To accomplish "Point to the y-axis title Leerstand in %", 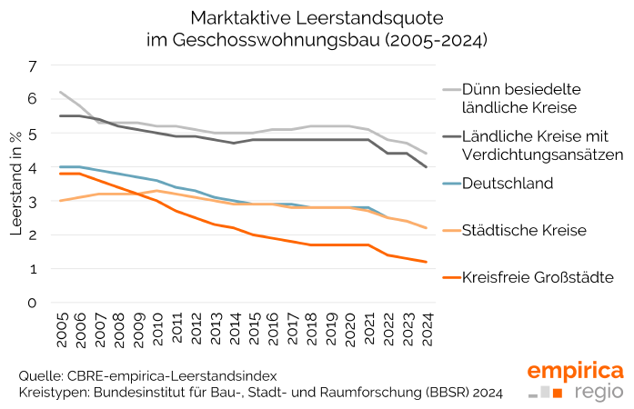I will [15, 185].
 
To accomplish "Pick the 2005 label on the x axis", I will [62, 330].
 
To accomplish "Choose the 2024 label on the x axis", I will [427, 330].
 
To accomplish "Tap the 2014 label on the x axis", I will [235, 330].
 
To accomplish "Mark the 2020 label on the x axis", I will [350, 330].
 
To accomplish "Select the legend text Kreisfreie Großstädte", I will [538, 276].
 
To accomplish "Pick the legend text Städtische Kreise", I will [525, 230].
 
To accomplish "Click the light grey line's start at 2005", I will [60, 92].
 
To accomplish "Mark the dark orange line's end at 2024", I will [427, 262].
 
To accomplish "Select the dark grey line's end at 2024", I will [427, 167].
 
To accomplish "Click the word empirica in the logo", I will [575, 371].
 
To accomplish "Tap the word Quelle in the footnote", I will [40, 375].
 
